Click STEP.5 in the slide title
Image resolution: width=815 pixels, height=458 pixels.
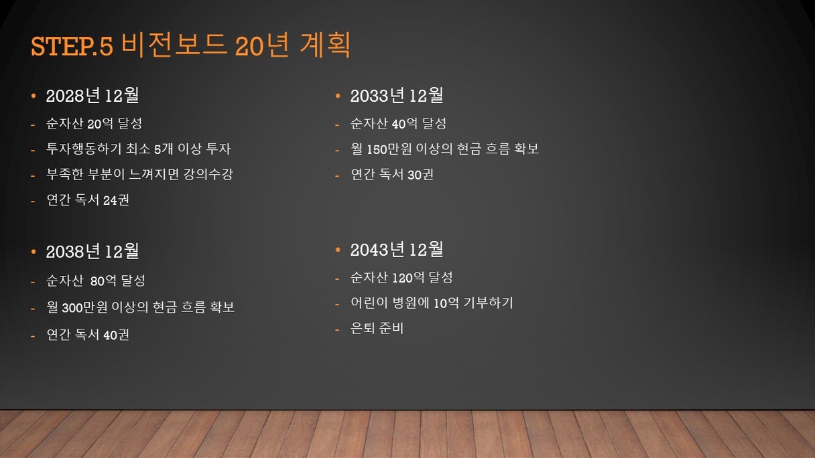pos(72,46)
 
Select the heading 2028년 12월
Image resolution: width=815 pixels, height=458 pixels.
pos(92,96)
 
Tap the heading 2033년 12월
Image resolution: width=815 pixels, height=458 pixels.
pos(397,96)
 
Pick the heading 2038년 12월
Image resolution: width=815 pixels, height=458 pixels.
pos(92,251)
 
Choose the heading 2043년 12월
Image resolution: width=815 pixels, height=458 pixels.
pos(397,250)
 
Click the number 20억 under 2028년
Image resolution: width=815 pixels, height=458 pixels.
pos(100,124)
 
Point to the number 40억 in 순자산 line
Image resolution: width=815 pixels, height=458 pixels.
pos(405,124)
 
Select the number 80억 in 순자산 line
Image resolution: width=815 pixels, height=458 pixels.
pos(103,281)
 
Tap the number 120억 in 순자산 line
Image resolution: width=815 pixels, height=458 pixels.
pos(408,278)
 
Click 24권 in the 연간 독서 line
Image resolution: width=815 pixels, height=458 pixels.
pos(116,200)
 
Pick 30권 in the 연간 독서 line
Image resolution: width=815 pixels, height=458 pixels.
pos(420,175)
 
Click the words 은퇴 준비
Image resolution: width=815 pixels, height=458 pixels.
pos(377,329)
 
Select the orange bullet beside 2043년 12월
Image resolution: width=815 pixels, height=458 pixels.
pos(338,250)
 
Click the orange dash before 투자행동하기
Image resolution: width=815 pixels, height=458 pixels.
pos(33,150)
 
